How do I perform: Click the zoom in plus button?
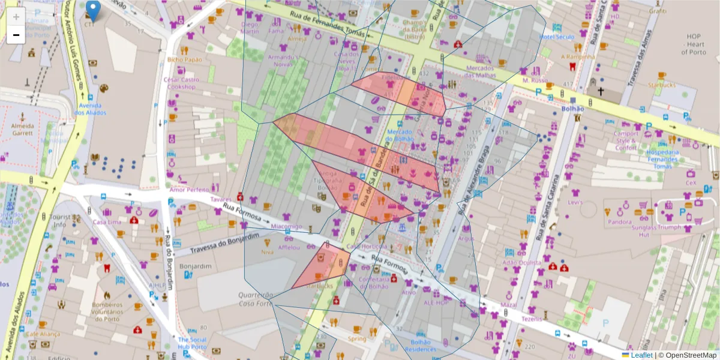16,16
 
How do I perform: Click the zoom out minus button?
16,35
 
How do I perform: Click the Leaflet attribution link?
641,355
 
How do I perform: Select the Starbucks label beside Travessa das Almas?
661,85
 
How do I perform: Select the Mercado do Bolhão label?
400,135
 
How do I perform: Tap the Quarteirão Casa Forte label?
255,299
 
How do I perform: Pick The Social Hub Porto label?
192,343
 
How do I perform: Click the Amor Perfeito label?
188,190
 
